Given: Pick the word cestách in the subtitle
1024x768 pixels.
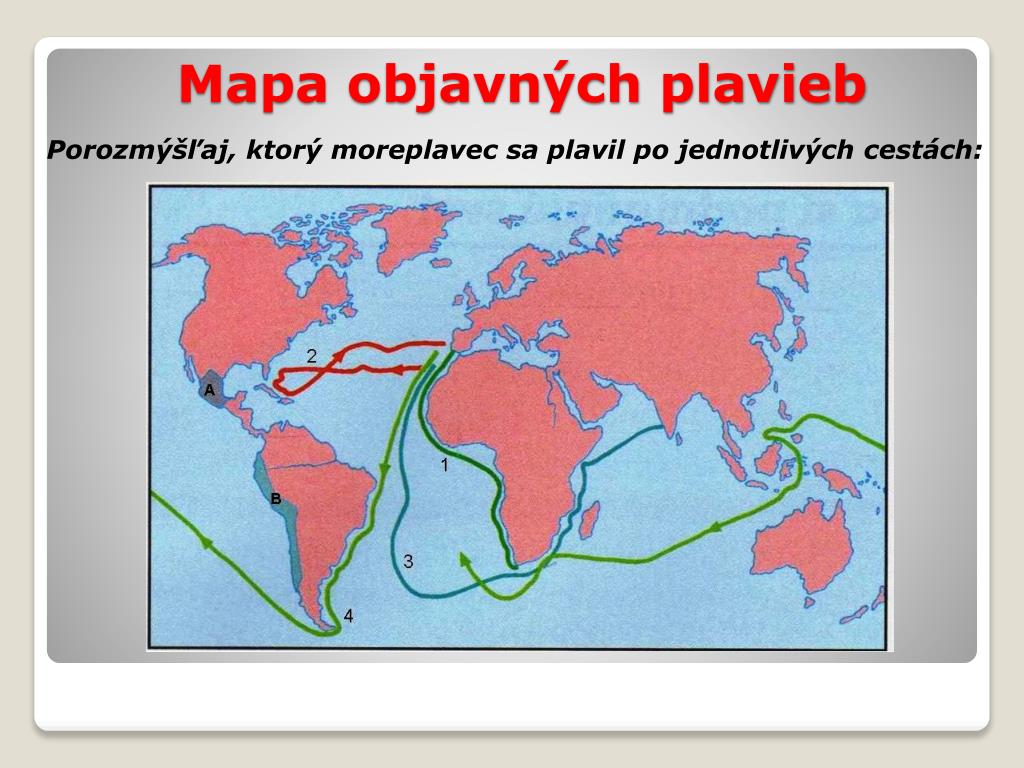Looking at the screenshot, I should pyautogui.click(x=914, y=150).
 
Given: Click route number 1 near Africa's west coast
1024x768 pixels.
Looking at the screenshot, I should pyautogui.click(x=445, y=464).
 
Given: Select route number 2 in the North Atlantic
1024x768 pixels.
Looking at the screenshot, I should pyautogui.click(x=312, y=356).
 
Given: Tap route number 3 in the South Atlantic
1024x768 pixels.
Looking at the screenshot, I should pyautogui.click(x=408, y=561).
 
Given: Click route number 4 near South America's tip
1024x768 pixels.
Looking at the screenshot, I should pyautogui.click(x=348, y=616).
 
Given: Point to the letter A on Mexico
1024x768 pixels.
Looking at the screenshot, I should pyautogui.click(x=210, y=390).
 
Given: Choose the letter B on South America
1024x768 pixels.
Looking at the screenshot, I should pyautogui.click(x=275, y=498).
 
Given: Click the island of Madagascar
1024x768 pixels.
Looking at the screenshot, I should pyautogui.click(x=590, y=520).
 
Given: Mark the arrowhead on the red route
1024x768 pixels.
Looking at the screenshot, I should pyautogui.click(x=395, y=370).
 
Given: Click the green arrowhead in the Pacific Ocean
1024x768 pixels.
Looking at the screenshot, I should pyautogui.click(x=208, y=541).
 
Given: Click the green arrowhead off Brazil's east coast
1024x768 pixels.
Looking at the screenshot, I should pyautogui.click(x=384, y=469).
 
